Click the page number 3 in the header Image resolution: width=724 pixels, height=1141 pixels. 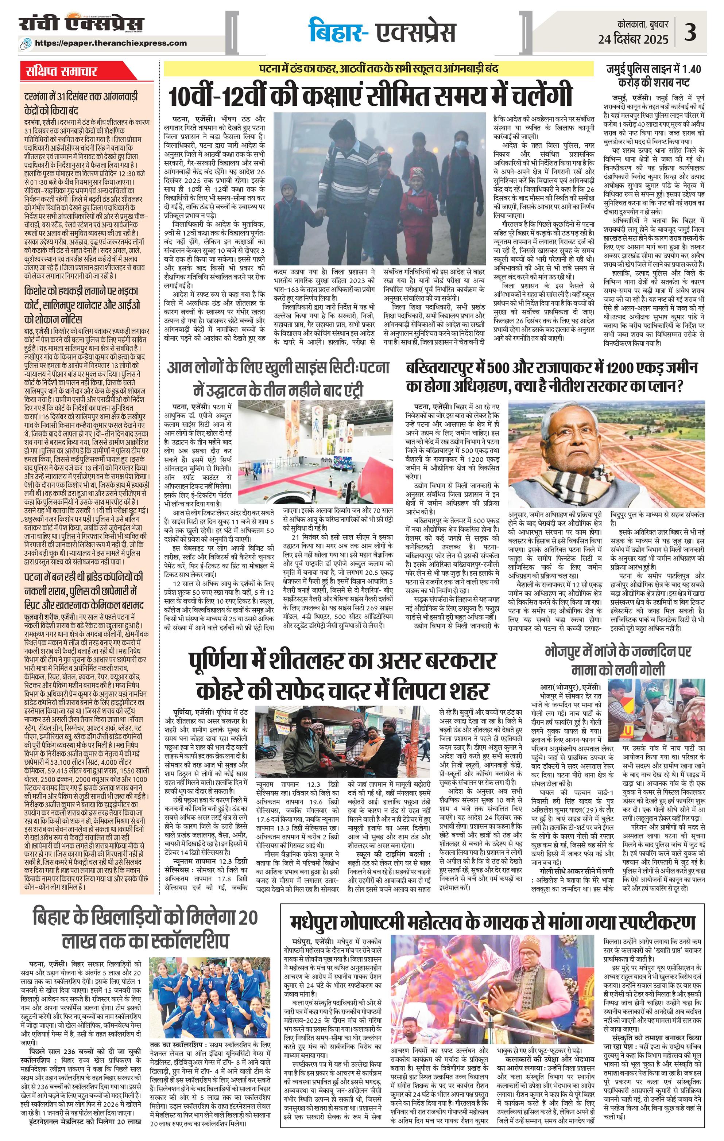pos(691,33)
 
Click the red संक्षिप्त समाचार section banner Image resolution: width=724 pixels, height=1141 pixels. pos(62,71)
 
